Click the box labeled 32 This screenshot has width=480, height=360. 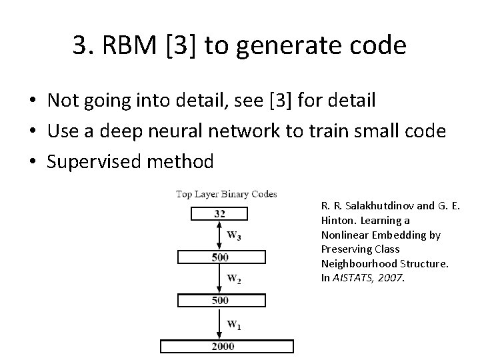point(219,213)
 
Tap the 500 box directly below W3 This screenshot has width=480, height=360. point(219,257)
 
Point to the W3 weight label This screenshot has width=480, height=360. point(234,235)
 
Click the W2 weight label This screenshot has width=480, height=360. point(234,278)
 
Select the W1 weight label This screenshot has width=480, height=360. point(234,325)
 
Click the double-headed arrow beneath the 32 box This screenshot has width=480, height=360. point(220,235)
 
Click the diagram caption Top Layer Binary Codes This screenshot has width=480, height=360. point(226,194)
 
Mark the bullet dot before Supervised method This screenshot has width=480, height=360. point(32,161)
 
